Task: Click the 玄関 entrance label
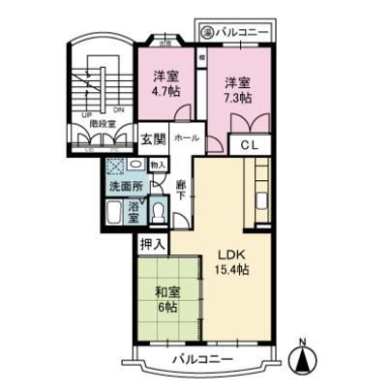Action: click(x=153, y=138)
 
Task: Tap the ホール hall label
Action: click(x=187, y=138)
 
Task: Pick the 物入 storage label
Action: click(x=158, y=166)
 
